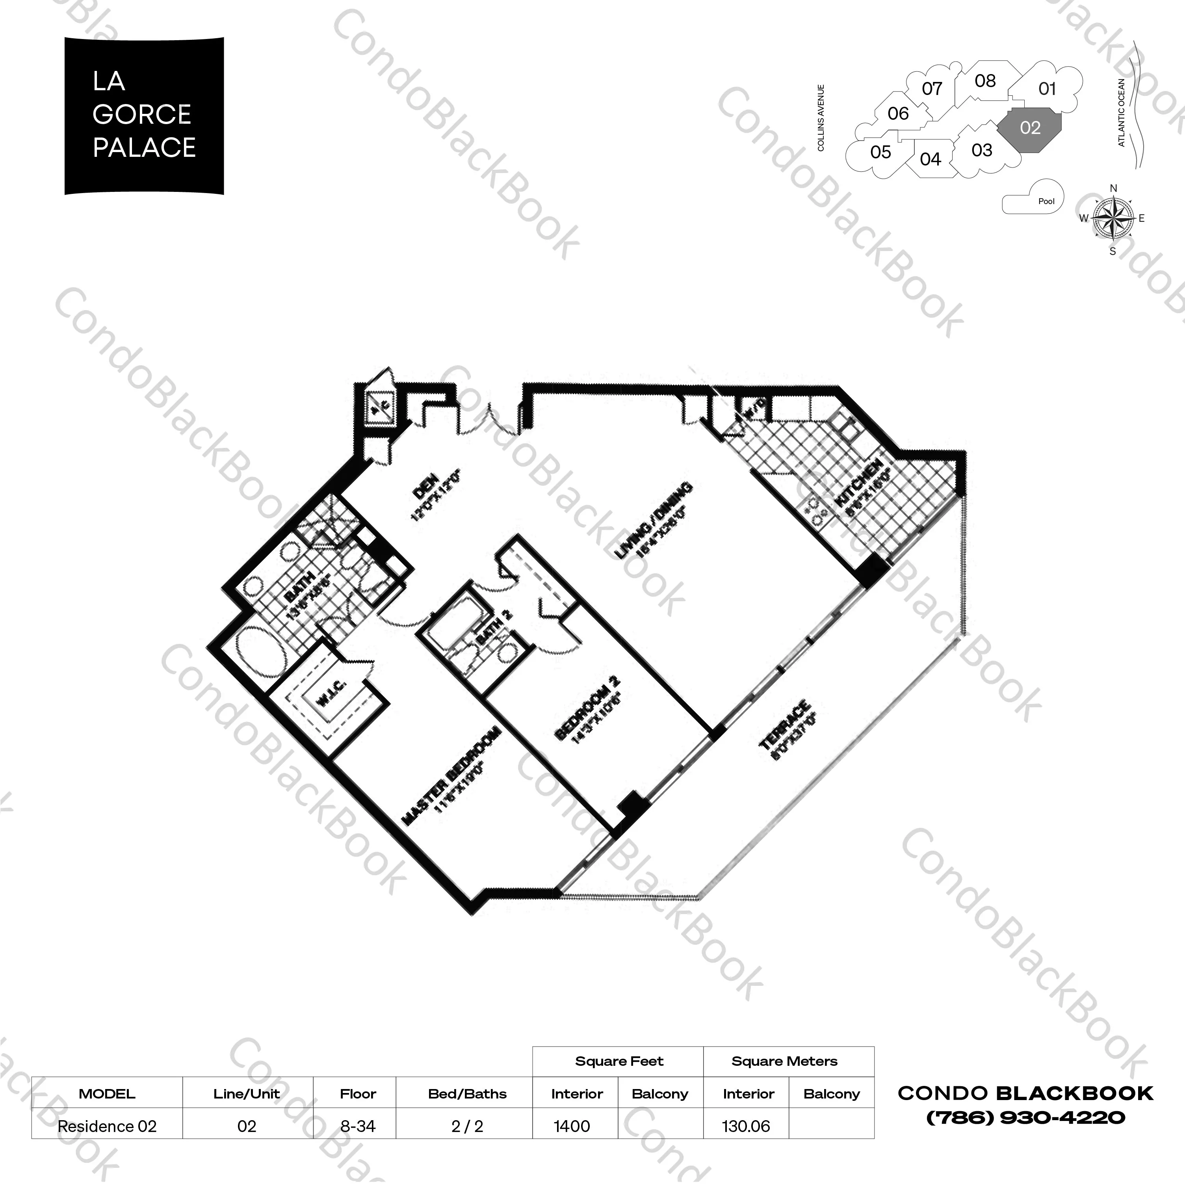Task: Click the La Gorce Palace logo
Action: [x=144, y=115]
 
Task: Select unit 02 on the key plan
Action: [x=1030, y=128]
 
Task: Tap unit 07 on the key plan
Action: [x=932, y=89]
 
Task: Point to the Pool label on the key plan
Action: [x=1046, y=201]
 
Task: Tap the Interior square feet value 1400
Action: [x=572, y=1126]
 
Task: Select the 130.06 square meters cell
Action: [x=746, y=1126]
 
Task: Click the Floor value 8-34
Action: [x=358, y=1126]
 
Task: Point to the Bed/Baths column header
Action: [x=467, y=1094]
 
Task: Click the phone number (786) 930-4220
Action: [x=1025, y=1118]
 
